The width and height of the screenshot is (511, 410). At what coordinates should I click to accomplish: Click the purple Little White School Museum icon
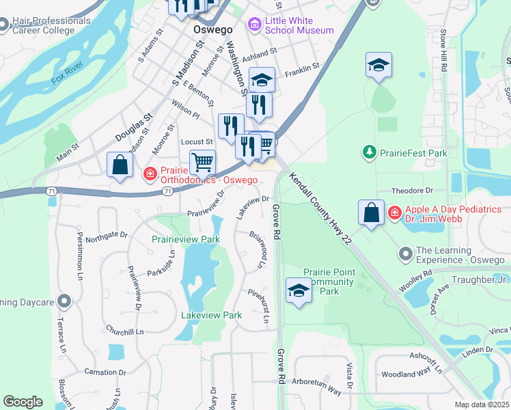[255, 26]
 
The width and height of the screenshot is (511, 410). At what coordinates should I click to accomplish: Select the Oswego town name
[212, 31]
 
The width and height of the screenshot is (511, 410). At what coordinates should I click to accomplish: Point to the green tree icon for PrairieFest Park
[370, 151]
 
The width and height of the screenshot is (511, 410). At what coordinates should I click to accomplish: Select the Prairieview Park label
[185, 240]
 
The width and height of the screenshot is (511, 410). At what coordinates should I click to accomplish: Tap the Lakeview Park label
[211, 316]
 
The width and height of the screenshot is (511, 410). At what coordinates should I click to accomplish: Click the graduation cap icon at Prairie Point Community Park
[299, 290]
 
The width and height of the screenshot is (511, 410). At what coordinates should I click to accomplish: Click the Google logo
[23, 402]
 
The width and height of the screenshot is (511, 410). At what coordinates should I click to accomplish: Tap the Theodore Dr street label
[412, 191]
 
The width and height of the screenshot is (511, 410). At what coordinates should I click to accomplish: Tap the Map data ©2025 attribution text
[482, 405]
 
